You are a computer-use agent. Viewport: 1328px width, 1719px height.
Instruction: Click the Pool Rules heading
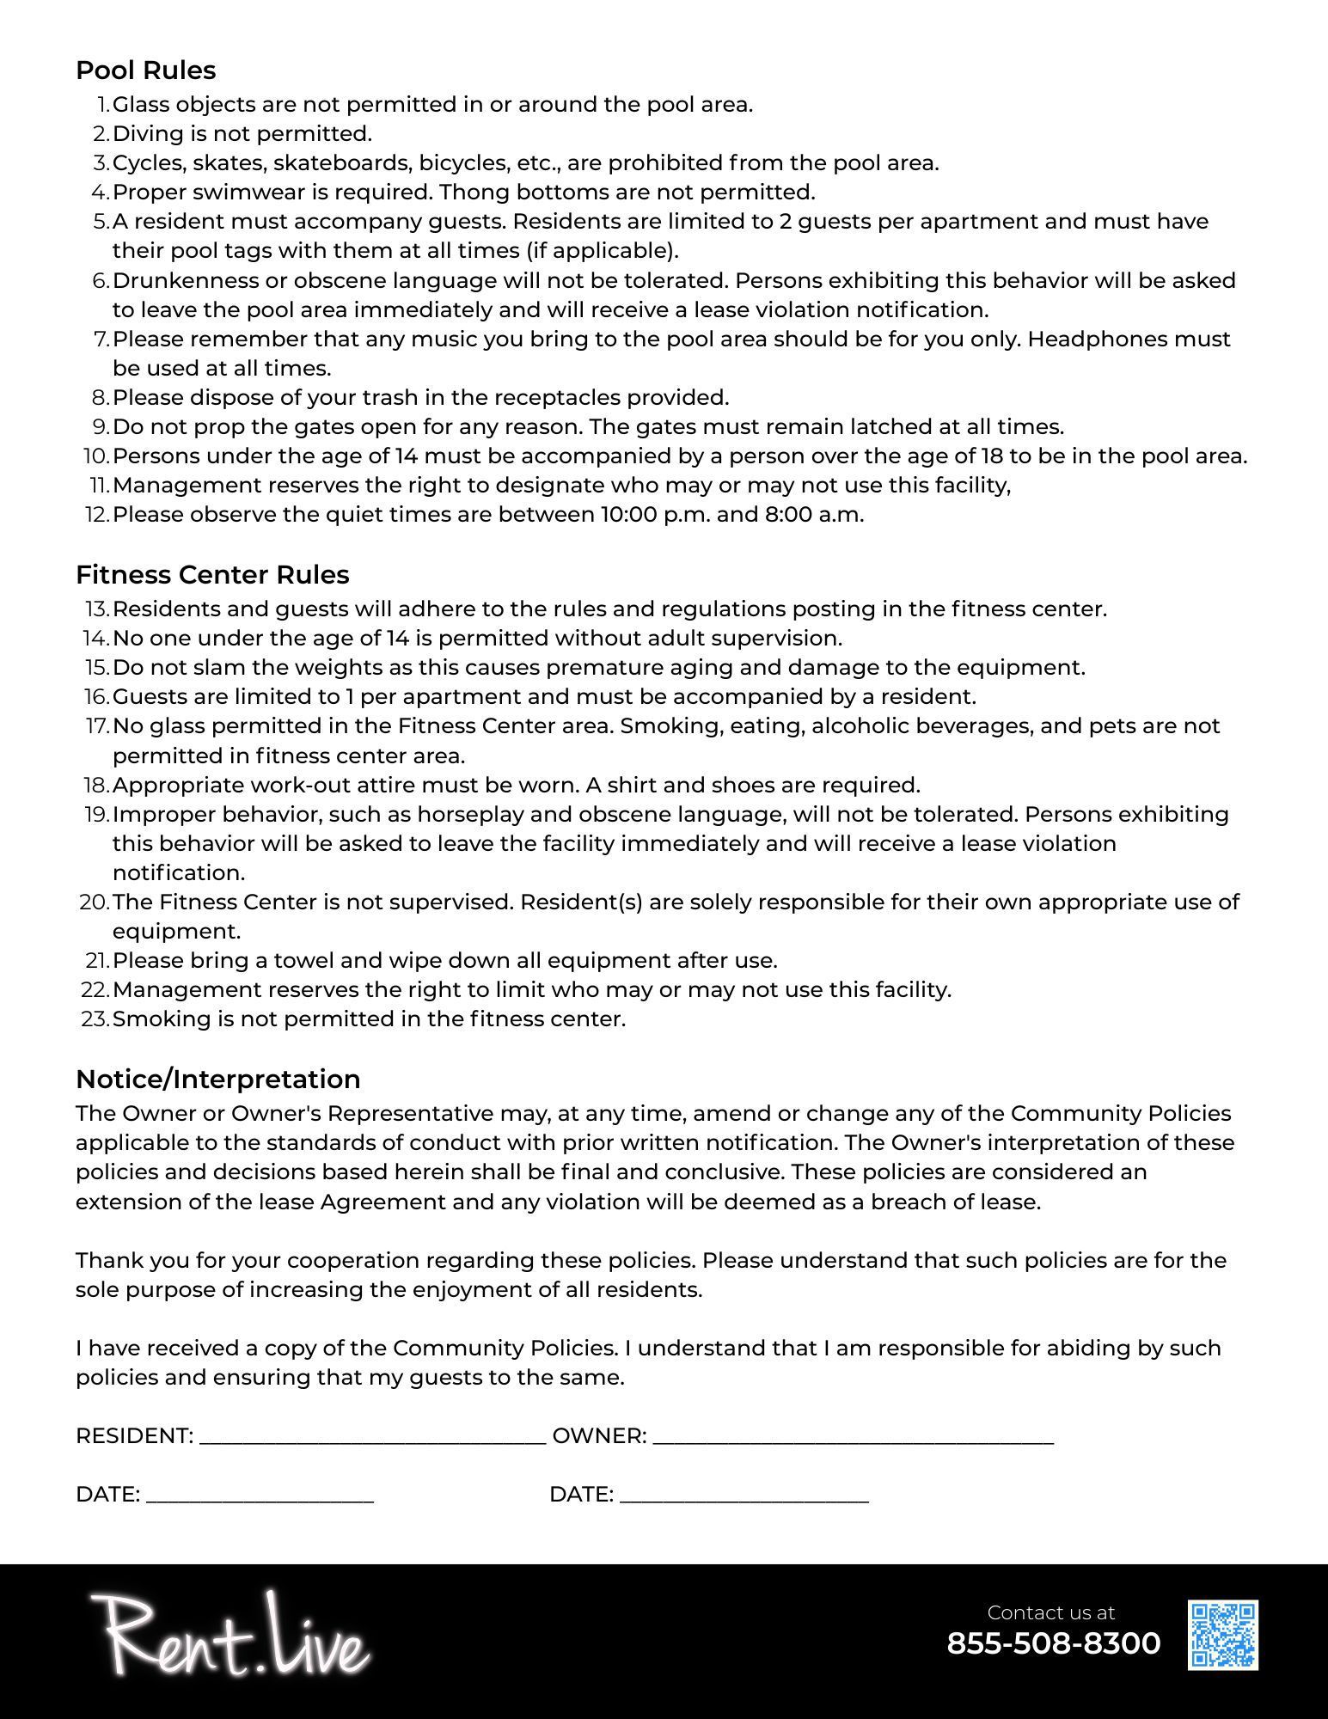pyautogui.click(x=145, y=70)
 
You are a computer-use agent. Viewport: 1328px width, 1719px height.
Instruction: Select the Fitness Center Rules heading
pyautogui.click(x=212, y=574)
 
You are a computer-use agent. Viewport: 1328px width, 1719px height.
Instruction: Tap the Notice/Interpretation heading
pyautogui.click(x=217, y=1079)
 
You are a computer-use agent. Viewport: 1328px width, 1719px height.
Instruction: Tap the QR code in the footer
pyautogui.click(x=1222, y=1635)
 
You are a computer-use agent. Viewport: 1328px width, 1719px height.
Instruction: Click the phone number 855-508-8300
pyautogui.click(x=1053, y=1643)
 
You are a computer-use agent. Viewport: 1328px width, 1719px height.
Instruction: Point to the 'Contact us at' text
pyautogui.click(x=1050, y=1612)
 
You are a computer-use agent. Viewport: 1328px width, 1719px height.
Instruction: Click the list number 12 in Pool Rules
pyautogui.click(x=96, y=515)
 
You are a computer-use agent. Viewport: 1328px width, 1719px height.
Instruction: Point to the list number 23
pyautogui.click(x=95, y=1019)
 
